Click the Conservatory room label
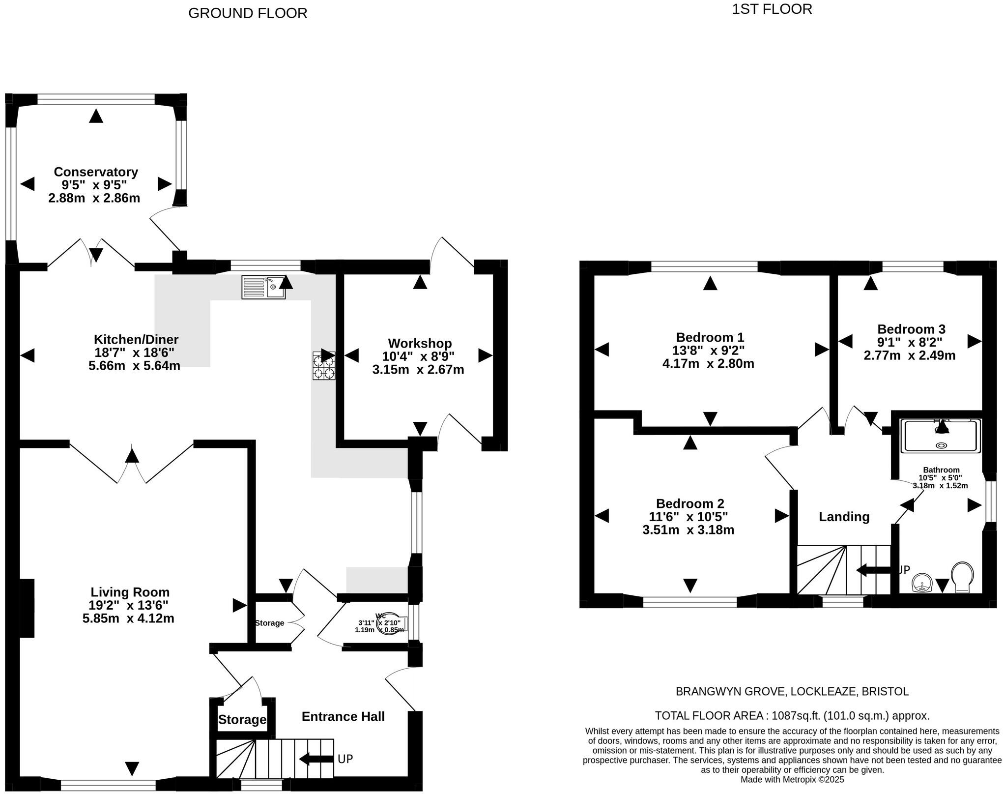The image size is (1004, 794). click(96, 172)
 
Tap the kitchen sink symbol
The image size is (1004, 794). click(263, 287)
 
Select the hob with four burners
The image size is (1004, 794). click(324, 365)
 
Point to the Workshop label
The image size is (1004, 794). click(420, 343)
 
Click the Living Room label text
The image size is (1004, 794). click(130, 592)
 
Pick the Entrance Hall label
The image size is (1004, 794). click(343, 716)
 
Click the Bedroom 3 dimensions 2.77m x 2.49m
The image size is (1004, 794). click(910, 355)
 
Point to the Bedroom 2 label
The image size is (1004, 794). click(690, 503)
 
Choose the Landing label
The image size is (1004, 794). click(844, 517)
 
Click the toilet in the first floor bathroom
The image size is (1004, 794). click(962, 578)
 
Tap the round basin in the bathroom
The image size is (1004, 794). click(922, 584)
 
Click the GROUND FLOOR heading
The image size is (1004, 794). click(248, 13)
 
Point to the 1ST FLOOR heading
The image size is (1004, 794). click(772, 9)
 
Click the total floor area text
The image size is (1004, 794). click(792, 715)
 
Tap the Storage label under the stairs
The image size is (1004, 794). click(242, 720)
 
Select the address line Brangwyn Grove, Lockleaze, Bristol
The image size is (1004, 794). click(792, 692)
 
